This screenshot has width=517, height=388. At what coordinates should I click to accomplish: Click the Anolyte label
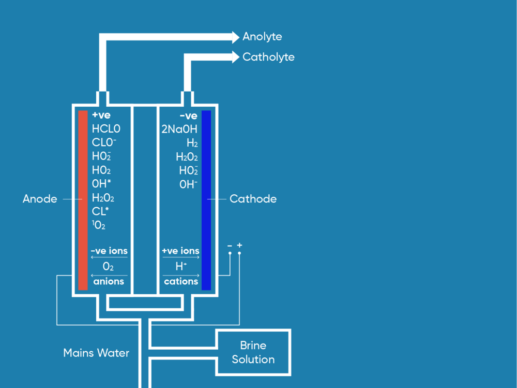pos(262,37)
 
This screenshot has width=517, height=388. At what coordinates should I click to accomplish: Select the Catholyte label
pos(268,57)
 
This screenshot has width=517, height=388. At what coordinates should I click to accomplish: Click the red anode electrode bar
pos(83,200)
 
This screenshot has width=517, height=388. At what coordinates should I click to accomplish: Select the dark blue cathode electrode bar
pos(206,200)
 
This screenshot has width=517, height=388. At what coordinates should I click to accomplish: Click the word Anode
pos(40,199)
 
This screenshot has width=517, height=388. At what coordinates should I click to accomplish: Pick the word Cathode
pos(253,199)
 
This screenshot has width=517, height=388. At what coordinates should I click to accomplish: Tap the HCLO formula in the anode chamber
pos(106,129)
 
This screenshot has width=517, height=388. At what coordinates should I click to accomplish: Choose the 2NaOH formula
pos(179,129)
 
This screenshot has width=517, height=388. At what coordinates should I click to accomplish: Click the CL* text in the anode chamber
pos(101,211)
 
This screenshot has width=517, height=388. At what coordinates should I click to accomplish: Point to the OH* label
pos(102,184)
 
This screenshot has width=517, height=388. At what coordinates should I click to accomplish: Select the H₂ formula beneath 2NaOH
pos(192,143)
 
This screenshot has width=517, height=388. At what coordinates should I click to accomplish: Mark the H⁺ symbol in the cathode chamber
pos(181,267)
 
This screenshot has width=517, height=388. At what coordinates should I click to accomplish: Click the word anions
pos(109,281)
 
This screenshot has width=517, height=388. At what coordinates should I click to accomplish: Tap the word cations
pos(181,281)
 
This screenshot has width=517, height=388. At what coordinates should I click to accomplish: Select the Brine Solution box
pos(253,352)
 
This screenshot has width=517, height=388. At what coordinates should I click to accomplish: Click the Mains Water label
pos(96,353)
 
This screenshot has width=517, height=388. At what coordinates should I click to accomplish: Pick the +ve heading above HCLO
pos(101,116)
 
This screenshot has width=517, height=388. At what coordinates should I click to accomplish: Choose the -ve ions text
pos(109,251)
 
